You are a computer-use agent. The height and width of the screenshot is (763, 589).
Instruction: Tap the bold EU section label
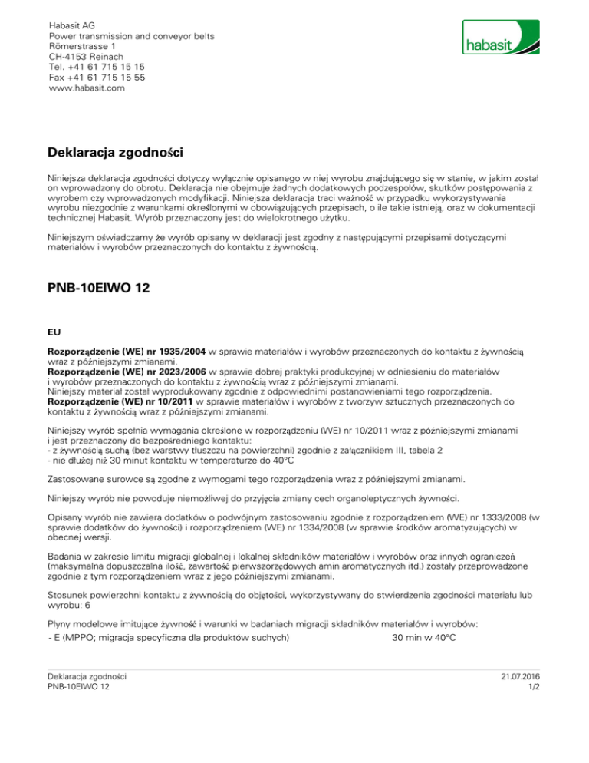click(54, 332)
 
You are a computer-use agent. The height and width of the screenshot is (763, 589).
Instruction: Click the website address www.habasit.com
click(86, 88)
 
